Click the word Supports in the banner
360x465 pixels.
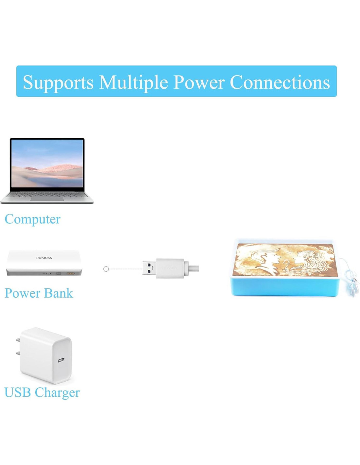tap(58, 82)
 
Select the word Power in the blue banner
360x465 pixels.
tap(199, 82)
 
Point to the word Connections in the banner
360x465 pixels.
tap(280, 82)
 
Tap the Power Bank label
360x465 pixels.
tap(39, 293)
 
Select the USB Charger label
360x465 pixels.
tap(42, 392)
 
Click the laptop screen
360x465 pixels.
tap(47, 163)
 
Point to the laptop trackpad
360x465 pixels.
tap(47, 199)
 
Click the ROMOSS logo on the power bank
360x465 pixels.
tap(44, 258)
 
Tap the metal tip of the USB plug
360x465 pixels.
tap(149, 268)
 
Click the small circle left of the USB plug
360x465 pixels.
tap(106, 269)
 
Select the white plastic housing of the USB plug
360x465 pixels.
tap(170, 268)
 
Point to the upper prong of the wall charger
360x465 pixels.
tap(18, 340)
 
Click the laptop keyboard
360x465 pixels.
tap(47, 194)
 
